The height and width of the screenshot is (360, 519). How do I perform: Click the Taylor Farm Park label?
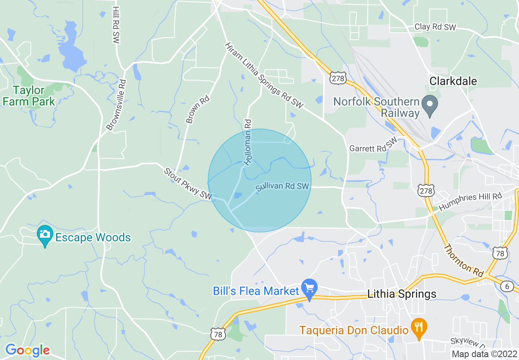click(x=29, y=96)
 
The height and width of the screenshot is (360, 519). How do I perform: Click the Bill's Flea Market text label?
click(x=256, y=291)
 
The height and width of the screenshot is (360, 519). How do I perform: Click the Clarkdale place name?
click(x=453, y=81)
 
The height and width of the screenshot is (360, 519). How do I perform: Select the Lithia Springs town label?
click(x=402, y=294)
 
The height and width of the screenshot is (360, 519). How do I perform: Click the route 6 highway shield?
click(x=507, y=286)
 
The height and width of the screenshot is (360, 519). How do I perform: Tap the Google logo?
click(x=27, y=350)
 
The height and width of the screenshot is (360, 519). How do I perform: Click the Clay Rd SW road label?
click(x=435, y=27)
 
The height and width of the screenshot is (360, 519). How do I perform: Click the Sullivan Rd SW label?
click(x=282, y=187)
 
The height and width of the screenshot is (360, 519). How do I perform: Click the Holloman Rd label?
click(x=247, y=142)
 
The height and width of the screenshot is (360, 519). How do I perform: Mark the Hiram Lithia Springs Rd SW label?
click(x=264, y=76)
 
